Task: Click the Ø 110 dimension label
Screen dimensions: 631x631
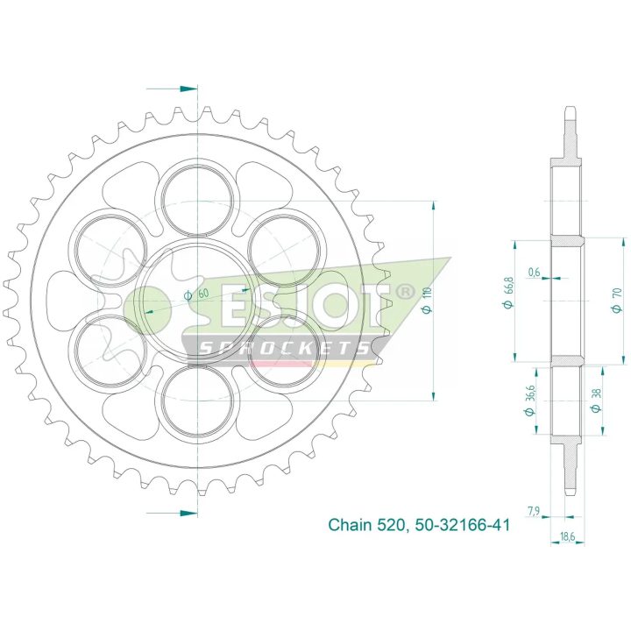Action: pyautogui.click(x=428, y=300)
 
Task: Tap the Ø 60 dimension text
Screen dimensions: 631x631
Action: pyautogui.click(x=196, y=294)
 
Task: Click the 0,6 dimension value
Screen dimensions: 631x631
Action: pyautogui.click(x=534, y=273)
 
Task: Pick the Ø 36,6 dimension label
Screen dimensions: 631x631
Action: pyautogui.click(x=529, y=400)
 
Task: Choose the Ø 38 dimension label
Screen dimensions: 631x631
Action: pyautogui.click(x=596, y=400)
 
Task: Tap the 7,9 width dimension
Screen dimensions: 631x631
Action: pyautogui.click(x=533, y=511)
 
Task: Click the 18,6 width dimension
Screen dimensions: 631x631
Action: pyautogui.click(x=567, y=536)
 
